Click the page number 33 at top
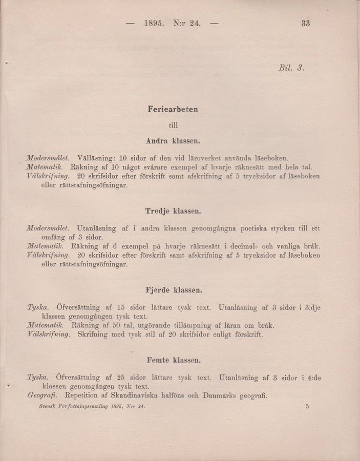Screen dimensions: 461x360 (x=306, y=23)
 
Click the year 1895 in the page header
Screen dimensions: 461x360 (x=154, y=23)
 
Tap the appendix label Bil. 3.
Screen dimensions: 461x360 (x=292, y=68)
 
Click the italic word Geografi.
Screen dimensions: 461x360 (x=42, y=396)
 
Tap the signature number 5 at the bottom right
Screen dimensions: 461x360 (x=307, y=406)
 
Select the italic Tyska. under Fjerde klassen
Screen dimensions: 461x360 (x=38, y=307)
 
